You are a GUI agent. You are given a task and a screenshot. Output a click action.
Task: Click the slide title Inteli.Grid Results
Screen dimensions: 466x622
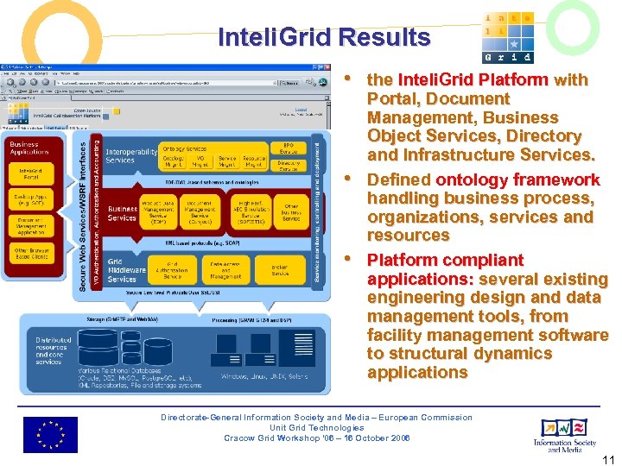324,37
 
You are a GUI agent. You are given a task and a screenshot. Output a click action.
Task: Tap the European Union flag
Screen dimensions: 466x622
49,434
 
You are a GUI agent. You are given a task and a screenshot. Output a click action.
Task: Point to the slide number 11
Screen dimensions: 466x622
608,460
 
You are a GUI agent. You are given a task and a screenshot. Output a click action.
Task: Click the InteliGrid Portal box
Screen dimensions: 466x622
30,176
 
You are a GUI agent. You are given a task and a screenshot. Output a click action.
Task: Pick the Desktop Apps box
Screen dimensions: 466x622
30,200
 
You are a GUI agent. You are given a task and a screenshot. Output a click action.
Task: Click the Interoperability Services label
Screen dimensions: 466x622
131,156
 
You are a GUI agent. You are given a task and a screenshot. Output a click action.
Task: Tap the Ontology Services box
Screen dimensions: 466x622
185,149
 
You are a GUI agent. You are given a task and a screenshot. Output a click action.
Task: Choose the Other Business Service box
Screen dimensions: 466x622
291,211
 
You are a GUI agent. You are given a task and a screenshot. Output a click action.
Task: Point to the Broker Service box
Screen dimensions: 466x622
279,269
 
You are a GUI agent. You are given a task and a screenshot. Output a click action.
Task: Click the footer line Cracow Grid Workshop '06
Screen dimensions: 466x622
316,438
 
